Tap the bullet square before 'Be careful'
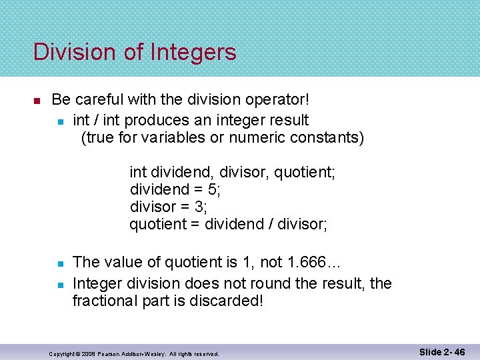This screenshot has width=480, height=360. [37, 101]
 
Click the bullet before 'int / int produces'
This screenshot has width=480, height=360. [59, 121]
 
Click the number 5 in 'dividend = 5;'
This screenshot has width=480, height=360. [211, 189]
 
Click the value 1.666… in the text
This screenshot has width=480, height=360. [317, 265]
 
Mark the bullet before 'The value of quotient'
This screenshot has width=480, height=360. [59, 265]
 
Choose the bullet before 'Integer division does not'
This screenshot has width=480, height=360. [59, 284]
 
